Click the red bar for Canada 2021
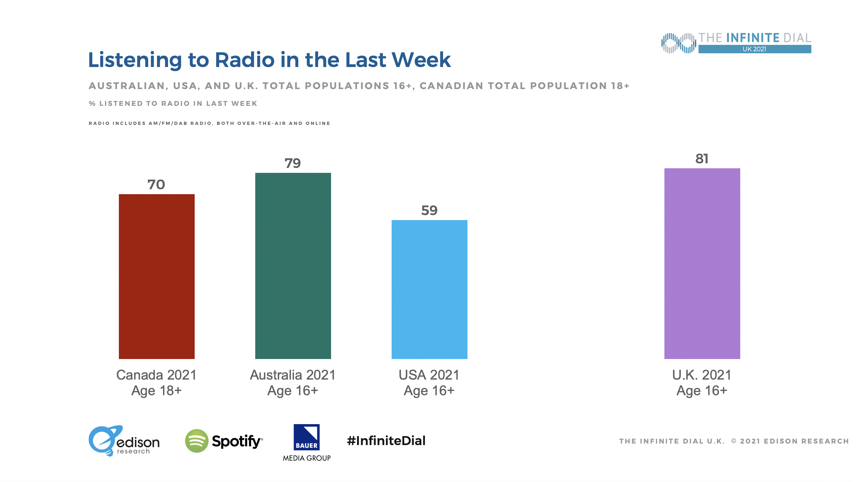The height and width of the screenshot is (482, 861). pyautogui.click(x=157, y=276)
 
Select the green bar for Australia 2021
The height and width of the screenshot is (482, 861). pyautogui.click(x=293, y=266)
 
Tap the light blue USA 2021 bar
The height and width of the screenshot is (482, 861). pyautogui.click(x=429, y=289)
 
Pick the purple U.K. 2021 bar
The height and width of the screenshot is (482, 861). pyautogui.click(x=702, y=263)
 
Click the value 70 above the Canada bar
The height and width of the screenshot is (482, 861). pyautogui.click(x=156, y=185)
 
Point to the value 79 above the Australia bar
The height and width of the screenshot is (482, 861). pyautogui.click(x=293, y=163)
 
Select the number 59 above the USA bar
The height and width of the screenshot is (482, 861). pyautogui.click(x=429, y=211)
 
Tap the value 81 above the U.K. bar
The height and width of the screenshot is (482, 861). pyautogui.click(x=702, y=159)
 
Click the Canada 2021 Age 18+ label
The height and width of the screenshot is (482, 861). pyautogui.click(x=156, y=383)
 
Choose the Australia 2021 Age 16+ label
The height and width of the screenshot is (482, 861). pyautogui.click(x=293, y=383)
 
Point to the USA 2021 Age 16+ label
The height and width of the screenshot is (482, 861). pyautogui.click(x=429, y=383)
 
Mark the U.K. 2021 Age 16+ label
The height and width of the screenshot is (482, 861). pyautogui.click(x=702, y=383)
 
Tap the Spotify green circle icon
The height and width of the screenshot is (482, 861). pyautogui.click(x=197, y=441)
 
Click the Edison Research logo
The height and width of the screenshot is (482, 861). pyautogui.click(x=124, y=441)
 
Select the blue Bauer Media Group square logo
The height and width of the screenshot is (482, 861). pyautogui.click(x=307, y=437)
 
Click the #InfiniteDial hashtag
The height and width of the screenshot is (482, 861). pyautogui.click(x=386, y=441)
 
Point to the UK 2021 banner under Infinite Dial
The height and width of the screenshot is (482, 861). pyautogui.click(x=754, y=49)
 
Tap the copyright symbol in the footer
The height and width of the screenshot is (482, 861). pyautogui.click(x=734, y=441)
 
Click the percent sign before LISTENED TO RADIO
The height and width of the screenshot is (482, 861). pyautogui.click(x=92, y=104)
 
